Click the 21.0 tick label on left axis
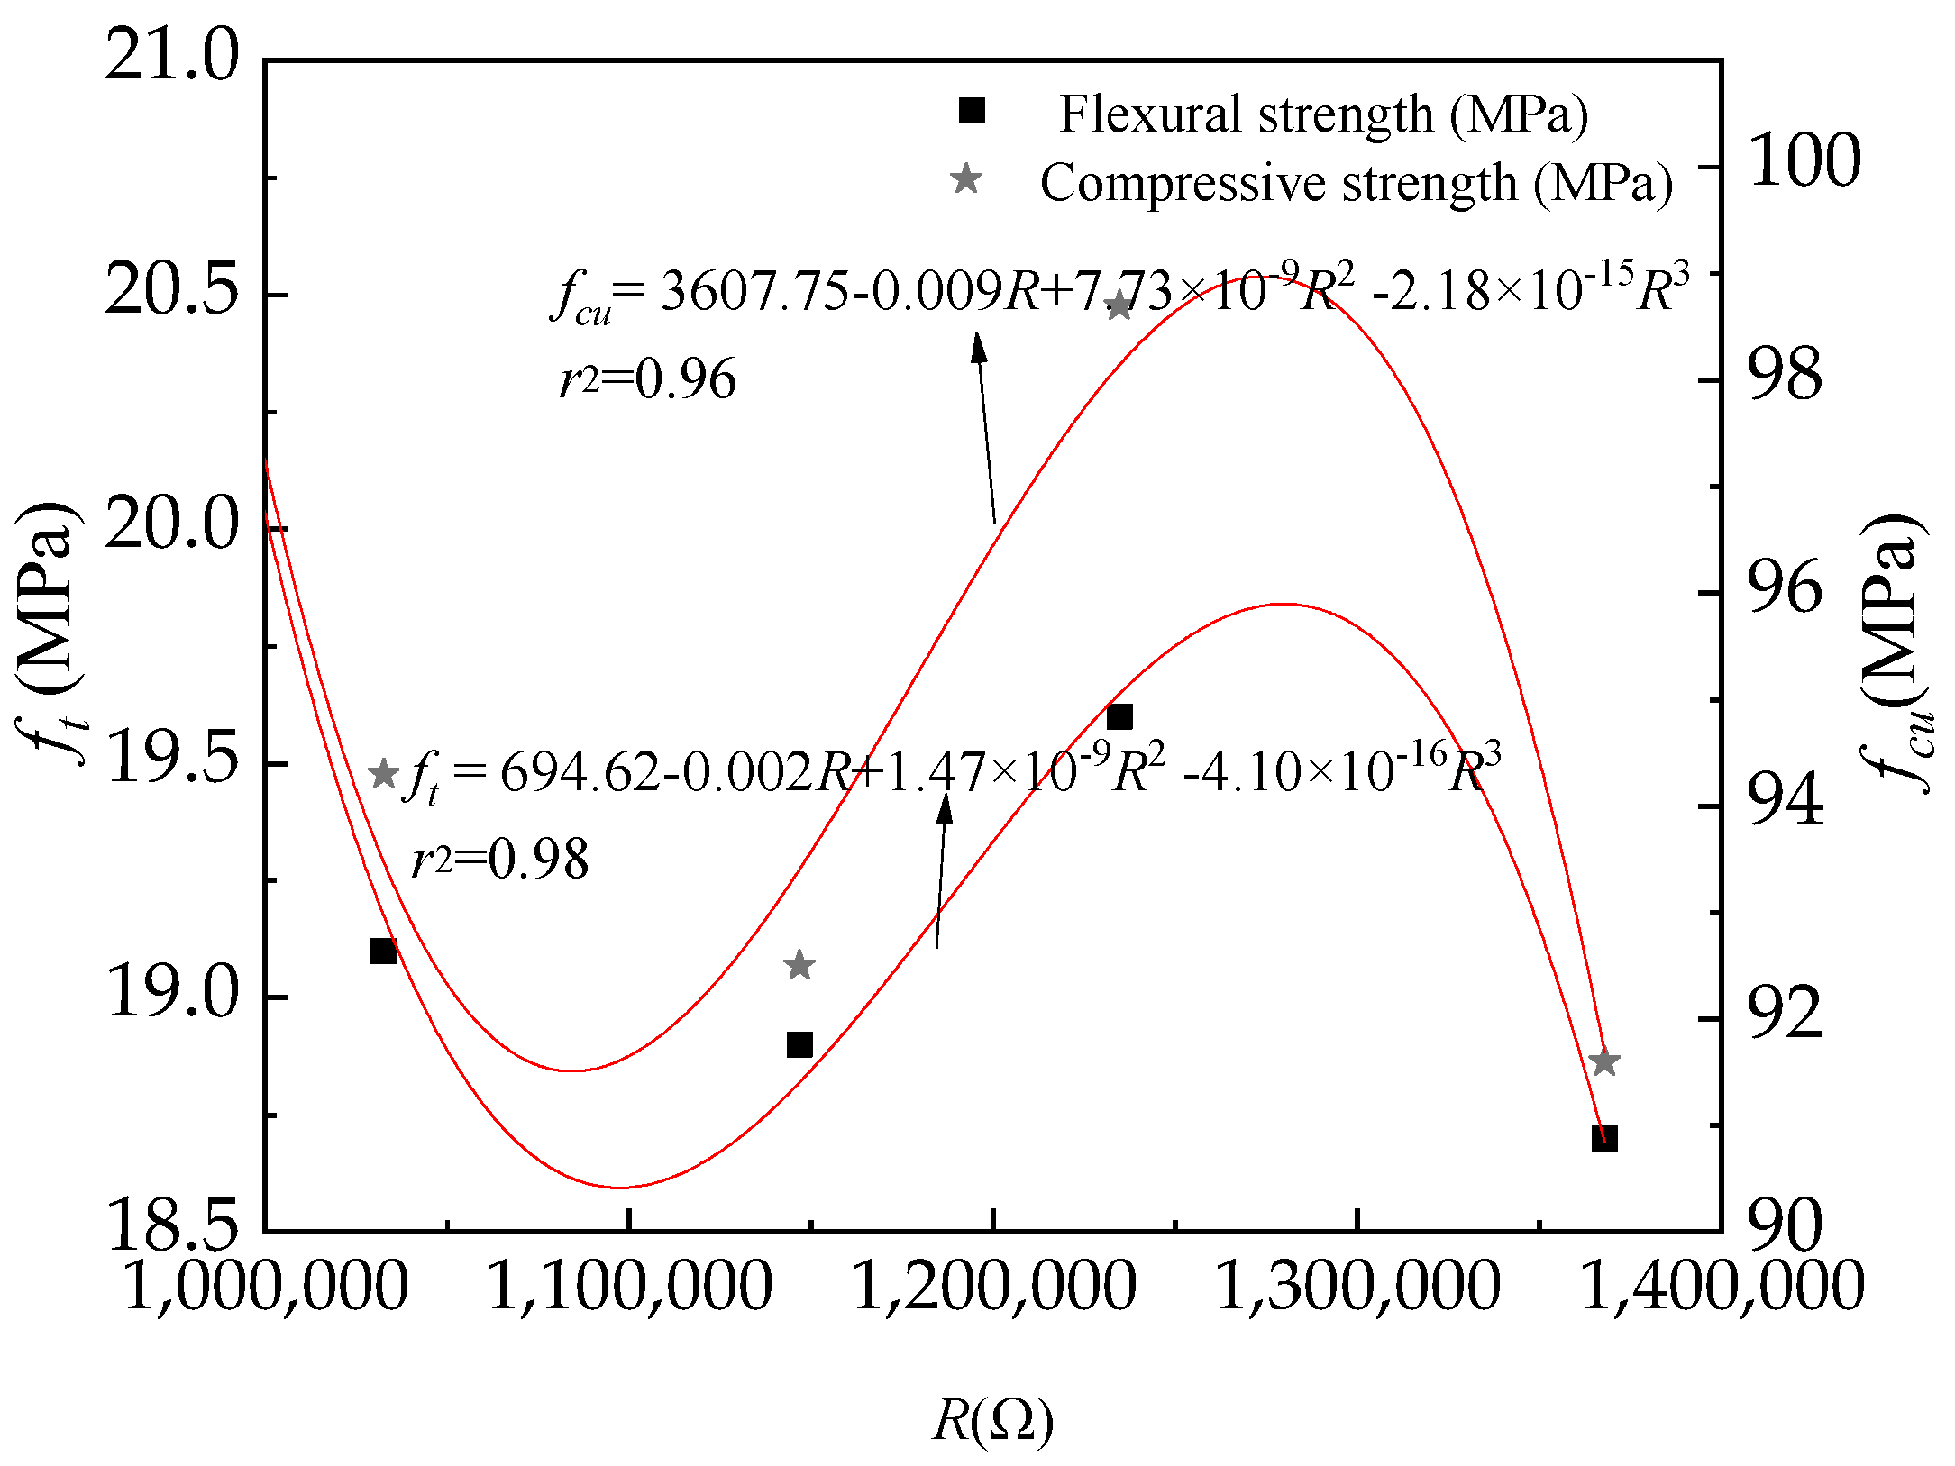pyautogui.click(x=171, y=56)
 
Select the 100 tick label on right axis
pyautogui.click(x=1804, y=162)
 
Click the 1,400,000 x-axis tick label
pyautogui.click(x=1721, y=1287)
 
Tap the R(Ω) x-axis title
pyautogui.click(x=992, y=1422)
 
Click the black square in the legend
pyautogui.click(x=971, y=112)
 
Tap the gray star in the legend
pyautogui.click(x=966, y=179)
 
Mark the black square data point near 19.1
pyautogui.click(x=384, y=951)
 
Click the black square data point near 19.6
pyautogui.click(x=1119, y=717)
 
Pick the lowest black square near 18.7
pyautogui.click(x=1603, y=1138)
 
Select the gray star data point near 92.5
pyautogui.click(x=799, y=966)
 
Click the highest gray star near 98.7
pyautogui.click(x=1119, y=306)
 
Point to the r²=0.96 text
pyautogui.click(x=647, y=378)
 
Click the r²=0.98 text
pyautogui.click(x=500, y=859)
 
